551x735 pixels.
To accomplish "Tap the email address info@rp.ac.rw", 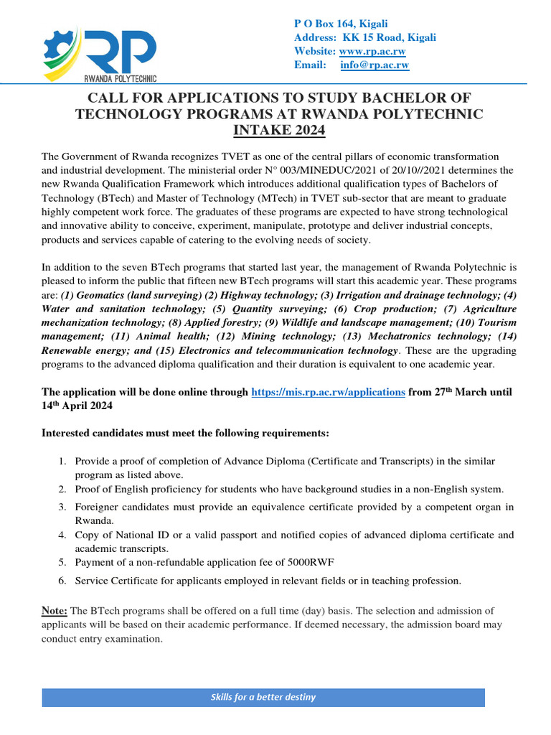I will pos(375,65).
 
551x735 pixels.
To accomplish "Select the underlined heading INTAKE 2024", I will pos(280,130).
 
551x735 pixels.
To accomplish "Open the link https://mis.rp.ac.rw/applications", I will pos(328,392).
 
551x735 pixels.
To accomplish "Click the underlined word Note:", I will pos(55,610).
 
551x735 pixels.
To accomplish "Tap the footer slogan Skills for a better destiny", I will pos(263,697).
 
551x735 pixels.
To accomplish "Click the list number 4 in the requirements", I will pos(62,535).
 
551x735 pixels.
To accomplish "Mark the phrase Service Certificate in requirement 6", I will pos(114,581).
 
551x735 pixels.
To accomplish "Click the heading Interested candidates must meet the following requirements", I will pos(185,434).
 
